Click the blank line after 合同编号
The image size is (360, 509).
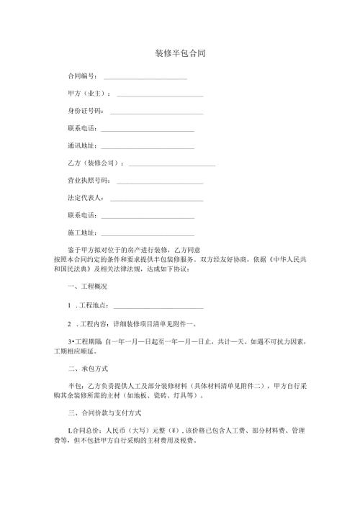pyautogui.click(x=145, y=77)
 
